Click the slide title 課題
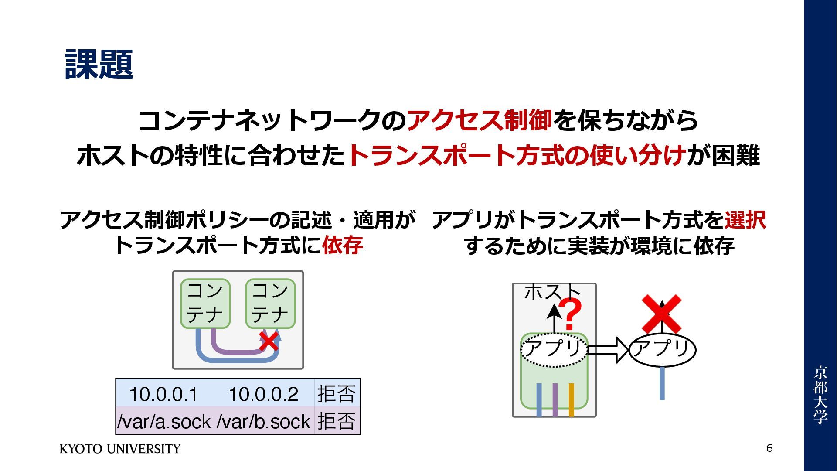coord(99,65)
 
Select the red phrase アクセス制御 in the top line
coord(479,120)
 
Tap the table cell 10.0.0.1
coord(163,394)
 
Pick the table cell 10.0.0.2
coord(263,394)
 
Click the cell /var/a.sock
coord(164,421)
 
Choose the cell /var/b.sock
coord(263,421)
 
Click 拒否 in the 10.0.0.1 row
coord(337,393)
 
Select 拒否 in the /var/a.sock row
coord(337,421)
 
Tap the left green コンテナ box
coord(205,304)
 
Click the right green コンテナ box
coord(270,304)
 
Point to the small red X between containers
coord(269,341)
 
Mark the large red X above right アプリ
coord(661,314)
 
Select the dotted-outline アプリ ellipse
coord(554,350)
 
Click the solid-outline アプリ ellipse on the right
coord(662,350)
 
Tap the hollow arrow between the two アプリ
coord(608,350)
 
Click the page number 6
coord(769,448)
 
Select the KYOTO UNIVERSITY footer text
coord(120,449)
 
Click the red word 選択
coord(745,220)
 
